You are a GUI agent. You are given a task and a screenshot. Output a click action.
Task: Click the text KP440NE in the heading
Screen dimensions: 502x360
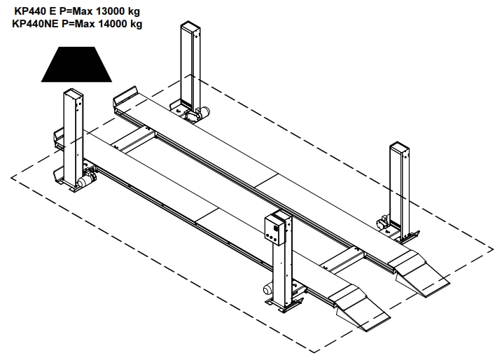[35, 24]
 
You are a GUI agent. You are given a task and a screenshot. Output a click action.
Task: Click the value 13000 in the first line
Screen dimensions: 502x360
[111, 11]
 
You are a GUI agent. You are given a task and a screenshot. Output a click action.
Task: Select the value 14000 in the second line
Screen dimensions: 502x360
[113, 24]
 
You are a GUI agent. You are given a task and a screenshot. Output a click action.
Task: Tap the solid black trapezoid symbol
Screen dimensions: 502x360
[76, 64]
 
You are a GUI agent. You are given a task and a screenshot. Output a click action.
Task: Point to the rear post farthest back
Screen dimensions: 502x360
[190, 68]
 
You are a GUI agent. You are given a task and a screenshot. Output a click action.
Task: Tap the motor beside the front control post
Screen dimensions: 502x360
[267, 289]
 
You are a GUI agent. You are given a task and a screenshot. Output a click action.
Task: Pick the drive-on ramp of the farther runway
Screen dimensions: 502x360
[419, 273]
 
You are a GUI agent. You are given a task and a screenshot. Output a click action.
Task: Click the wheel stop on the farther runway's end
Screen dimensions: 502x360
[125, 95]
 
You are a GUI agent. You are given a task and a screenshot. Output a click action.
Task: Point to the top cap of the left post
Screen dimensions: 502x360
[74, 92]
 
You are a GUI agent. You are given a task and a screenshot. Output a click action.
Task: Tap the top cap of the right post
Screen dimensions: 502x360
[399, 146]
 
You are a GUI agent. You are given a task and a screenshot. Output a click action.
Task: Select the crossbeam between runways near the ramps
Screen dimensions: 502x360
[342, 259]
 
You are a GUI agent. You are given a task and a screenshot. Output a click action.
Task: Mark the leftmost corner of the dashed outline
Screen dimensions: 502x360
[11, 177]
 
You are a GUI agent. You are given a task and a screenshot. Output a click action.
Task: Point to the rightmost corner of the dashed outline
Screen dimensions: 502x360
[493, 249]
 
